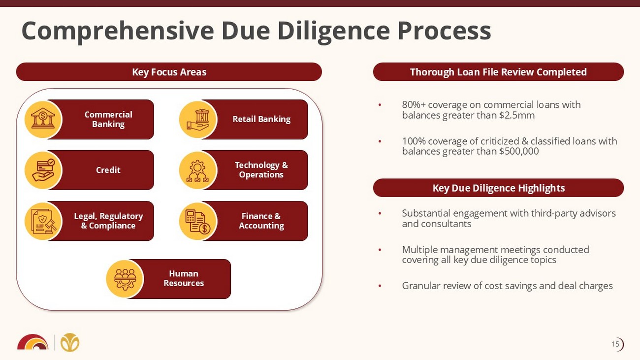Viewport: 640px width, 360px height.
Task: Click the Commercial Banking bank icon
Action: tap(43, 120)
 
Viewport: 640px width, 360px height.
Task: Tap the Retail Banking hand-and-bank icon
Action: tap(198, 120)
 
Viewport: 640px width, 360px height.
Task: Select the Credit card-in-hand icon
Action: tap(43, 170)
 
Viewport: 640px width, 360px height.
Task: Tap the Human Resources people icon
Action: tap(125, 279)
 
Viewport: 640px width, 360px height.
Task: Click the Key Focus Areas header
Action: tap(169, 72)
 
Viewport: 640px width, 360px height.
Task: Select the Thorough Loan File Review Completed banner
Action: tap(498, 72)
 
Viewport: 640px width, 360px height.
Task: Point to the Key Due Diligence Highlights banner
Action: tap(498, 188)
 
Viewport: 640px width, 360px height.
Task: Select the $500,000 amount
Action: tap(518, 151)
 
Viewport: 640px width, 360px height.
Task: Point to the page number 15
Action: tap(615, 344)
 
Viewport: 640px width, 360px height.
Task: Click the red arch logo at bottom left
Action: tap(32, 342)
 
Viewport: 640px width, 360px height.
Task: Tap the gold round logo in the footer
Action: tap(70, 342)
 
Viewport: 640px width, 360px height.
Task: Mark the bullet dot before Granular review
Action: tap(380, 286)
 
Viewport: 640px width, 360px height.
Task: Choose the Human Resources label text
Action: tap(184, 278)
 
